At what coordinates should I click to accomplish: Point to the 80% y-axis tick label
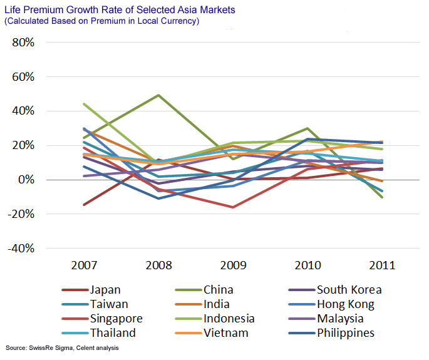(23, 43)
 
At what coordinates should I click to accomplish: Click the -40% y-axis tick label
(21, 248)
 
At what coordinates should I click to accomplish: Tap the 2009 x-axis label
(233, 265)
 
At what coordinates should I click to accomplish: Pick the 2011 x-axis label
(382, 265)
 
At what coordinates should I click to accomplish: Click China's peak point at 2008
(158, 95)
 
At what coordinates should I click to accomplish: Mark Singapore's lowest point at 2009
(233, 207)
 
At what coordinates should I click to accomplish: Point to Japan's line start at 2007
(84, 205)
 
